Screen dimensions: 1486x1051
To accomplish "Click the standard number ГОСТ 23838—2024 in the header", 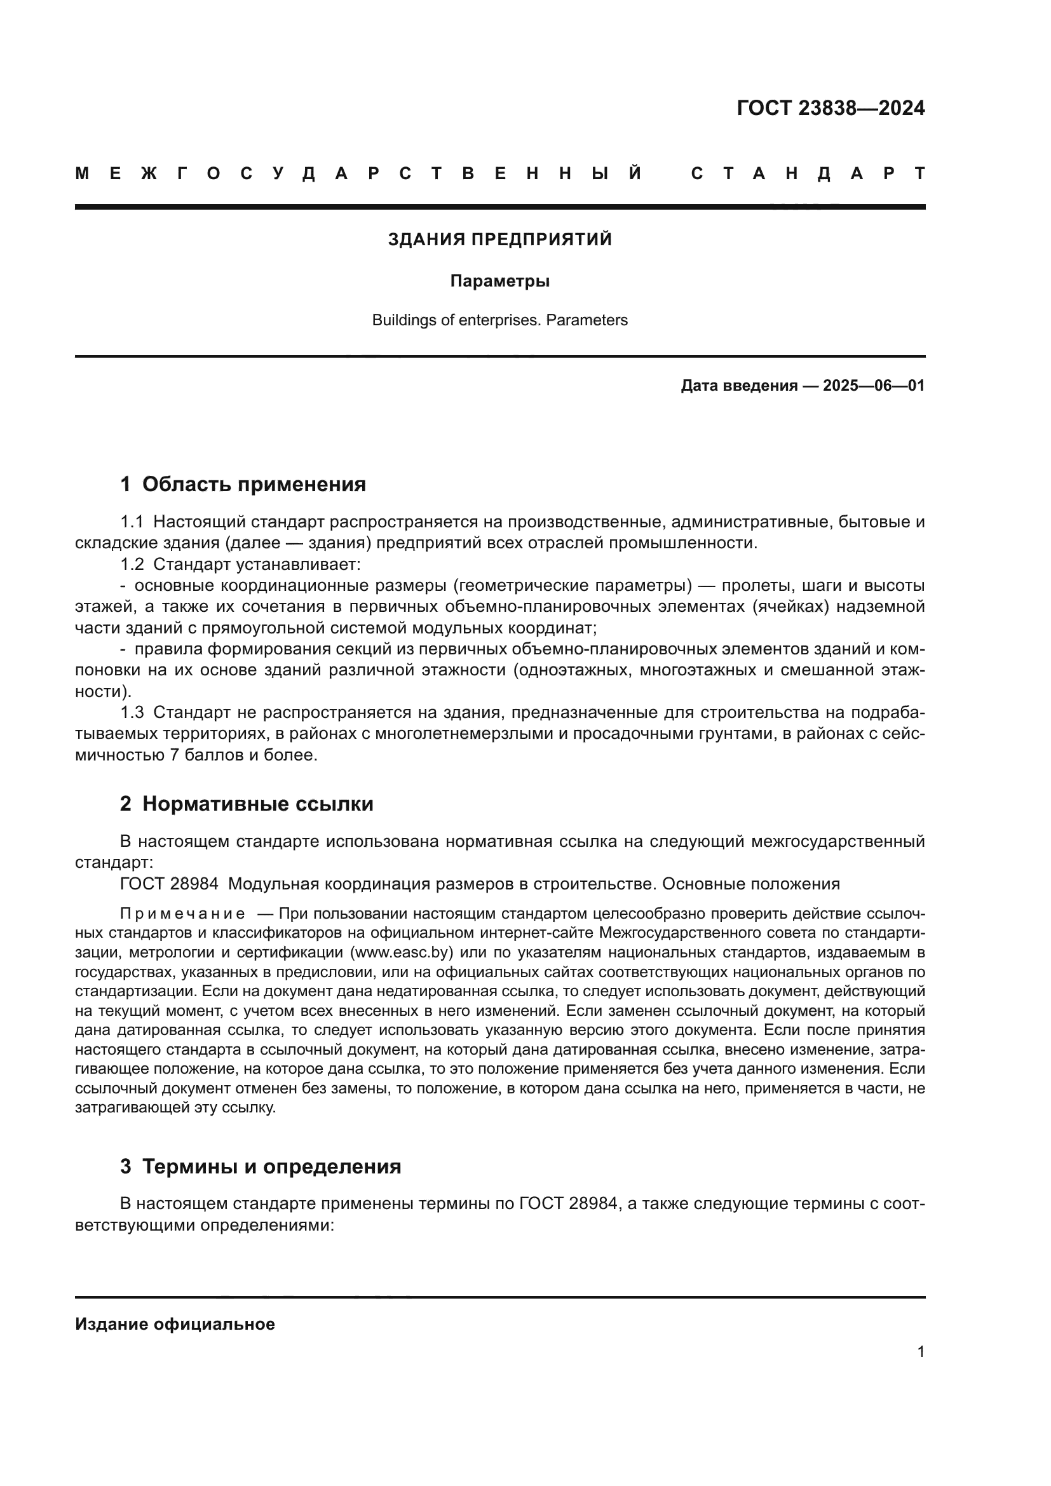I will pos(831,108).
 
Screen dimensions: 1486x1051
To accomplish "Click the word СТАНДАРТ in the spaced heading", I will pos(808,173).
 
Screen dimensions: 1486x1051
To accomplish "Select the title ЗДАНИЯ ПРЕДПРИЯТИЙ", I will pos(499,240).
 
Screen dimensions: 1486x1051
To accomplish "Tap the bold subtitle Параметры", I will pos(499,281).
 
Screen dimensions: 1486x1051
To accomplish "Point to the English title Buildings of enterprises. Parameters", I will pos(499,320).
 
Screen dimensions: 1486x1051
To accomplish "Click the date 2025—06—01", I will pos(873,386).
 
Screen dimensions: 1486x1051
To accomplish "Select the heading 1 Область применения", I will pos(243,484).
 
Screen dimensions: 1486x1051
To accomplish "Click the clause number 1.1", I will pos(132,522).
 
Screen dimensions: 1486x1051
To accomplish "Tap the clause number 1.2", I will pos(132,564).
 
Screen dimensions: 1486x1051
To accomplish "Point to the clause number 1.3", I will pos(132,713).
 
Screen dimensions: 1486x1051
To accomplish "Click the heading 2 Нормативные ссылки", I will pos(247,804).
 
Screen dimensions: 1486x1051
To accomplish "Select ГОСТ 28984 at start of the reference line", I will pos(169,884).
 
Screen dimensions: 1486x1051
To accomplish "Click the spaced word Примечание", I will pos(182,914).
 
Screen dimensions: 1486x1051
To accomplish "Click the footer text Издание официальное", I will pos(175,1324).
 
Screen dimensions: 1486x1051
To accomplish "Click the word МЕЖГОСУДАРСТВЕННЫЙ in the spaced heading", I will pos(359,173).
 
